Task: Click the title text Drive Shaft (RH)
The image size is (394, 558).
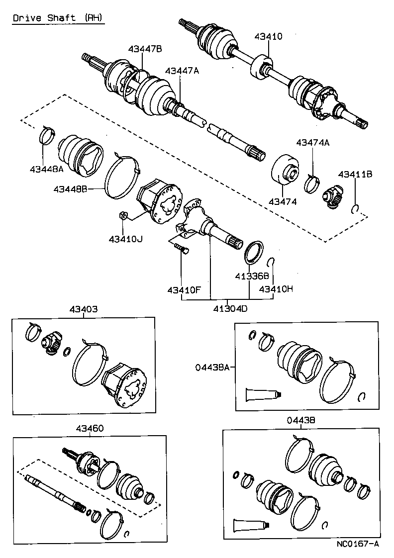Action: point(58,18)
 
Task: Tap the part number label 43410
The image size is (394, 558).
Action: point(268,36)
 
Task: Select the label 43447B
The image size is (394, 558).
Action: point(145,49)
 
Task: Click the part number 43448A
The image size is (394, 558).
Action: point(46,169)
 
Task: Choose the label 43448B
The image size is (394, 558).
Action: point(71,189)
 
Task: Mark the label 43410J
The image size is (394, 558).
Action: point(125,239)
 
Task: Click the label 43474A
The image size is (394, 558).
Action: point(312,142)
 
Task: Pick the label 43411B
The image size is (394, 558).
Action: point(355,174)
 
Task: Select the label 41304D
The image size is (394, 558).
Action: point(230,308)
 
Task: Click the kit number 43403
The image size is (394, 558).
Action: point(83,309)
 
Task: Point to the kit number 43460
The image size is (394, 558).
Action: point(90,428)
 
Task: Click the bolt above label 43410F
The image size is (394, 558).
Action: point(181,248)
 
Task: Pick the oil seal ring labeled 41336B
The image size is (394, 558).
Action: point(254,250)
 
